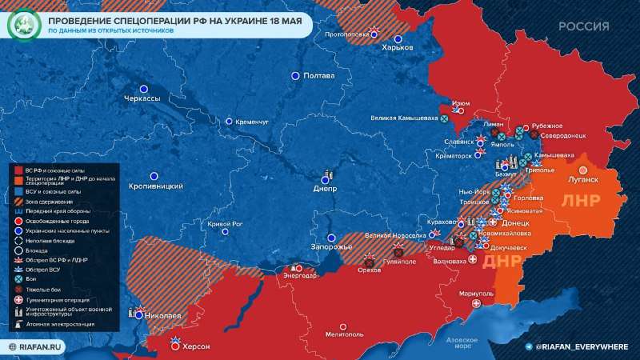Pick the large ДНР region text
click(502, 260)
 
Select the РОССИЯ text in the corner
click(584, 26)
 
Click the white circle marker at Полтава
click(294, 76)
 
